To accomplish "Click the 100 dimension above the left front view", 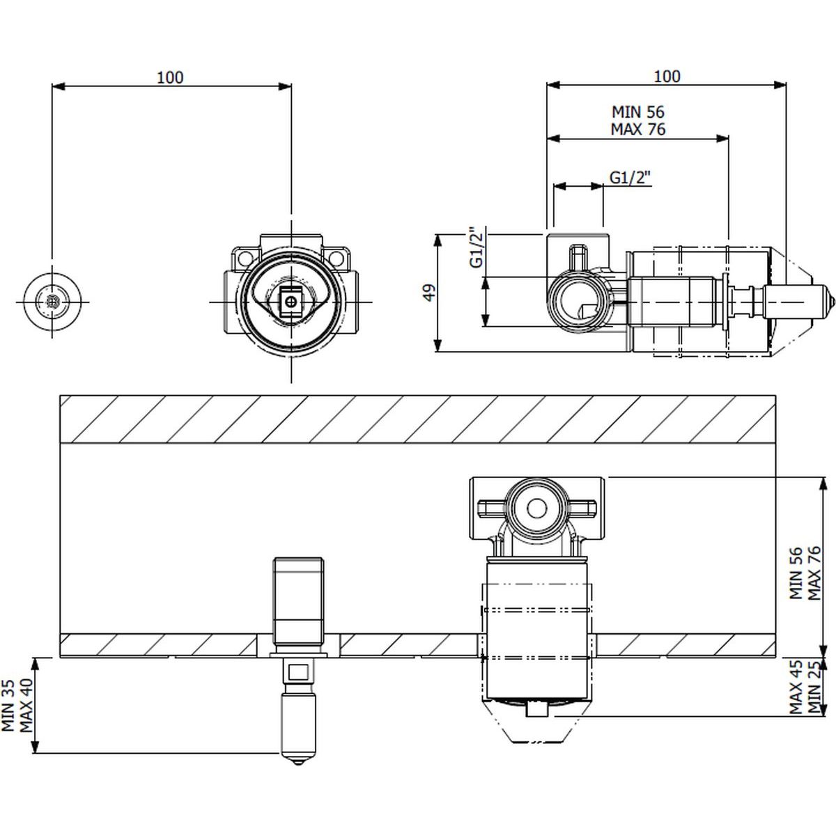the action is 170,77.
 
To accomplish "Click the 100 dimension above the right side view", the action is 667,77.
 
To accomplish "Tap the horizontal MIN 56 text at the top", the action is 637,112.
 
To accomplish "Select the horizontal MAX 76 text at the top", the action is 637,129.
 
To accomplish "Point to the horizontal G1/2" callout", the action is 630,178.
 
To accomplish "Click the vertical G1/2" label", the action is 476,247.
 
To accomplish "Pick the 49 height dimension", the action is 429,293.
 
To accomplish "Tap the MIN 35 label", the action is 8,706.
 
